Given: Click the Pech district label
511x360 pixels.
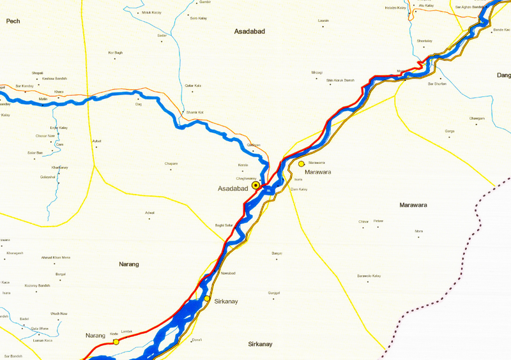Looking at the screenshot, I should click(13, 22).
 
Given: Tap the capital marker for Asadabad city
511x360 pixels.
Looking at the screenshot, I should click(256, 185).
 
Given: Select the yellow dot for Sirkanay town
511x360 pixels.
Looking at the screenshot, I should click(207, 299).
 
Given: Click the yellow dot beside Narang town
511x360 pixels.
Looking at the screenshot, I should click(116, 342).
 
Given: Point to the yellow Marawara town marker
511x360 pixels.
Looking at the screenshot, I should click(301, 164).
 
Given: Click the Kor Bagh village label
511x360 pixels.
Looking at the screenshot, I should click(115, 52).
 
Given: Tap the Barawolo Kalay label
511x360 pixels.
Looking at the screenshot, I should click(369, 276).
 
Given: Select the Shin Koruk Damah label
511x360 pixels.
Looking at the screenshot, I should click(340, 80).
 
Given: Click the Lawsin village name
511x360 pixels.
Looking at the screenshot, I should click(323, 21).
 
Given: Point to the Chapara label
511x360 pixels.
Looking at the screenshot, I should click(171, 163).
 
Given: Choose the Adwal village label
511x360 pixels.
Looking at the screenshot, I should click(150, 213).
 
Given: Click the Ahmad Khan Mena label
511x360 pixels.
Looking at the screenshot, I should click(56, 257).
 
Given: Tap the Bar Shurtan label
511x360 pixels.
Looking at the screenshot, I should click(437, 84).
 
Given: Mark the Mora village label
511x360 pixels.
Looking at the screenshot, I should click(419, 231).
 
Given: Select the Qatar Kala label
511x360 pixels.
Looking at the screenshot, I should click(193, 86).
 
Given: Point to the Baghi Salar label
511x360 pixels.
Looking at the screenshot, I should click(224, 225).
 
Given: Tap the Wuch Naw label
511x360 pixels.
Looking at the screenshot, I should click(59, 314).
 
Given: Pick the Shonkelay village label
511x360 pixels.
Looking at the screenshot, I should click(425, 41).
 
